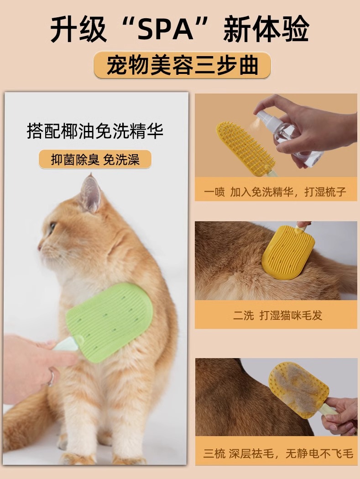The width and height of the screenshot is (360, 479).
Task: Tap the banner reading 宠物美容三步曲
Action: pyautogui.click(x=182, y=65)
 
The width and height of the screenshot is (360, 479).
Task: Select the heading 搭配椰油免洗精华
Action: pyautogui.click(x=95, y=131)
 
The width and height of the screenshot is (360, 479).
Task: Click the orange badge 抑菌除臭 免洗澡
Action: pyautogui.click(x=95, y=159)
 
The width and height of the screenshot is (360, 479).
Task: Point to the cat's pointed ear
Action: pyautogui.click(x=90, y=193)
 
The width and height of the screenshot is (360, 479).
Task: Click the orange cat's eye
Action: pyautogui.click(x=52, y=227)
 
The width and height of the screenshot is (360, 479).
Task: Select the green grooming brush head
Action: pyautogui.click(x=110, y=321)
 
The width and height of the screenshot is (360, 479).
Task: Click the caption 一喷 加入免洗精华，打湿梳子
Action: pyautogui.click(x=275, y=192)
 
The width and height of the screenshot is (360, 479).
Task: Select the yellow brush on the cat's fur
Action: pyautogui.click(x=284, y=252)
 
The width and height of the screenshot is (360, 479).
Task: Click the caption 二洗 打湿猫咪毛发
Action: pyautogui.click(x=278, y=315)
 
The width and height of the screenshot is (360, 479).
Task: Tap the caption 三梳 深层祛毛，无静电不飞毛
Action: pyautogui.click(x=278, y=453)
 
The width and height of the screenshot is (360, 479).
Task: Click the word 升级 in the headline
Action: pyautogui.click(x=78, y=29)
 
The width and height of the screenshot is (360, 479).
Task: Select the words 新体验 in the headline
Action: pyautogui.click(x=266, y=29)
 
